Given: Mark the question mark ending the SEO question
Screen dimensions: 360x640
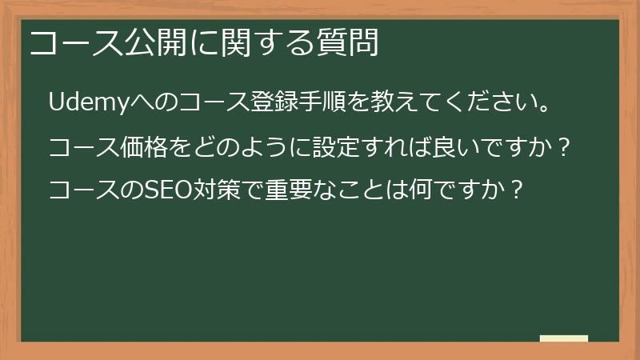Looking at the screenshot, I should pyautogui.click(x=518, y=190).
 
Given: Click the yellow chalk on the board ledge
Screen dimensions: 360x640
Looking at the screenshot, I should pyautogui.click(x=564, y=338).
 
